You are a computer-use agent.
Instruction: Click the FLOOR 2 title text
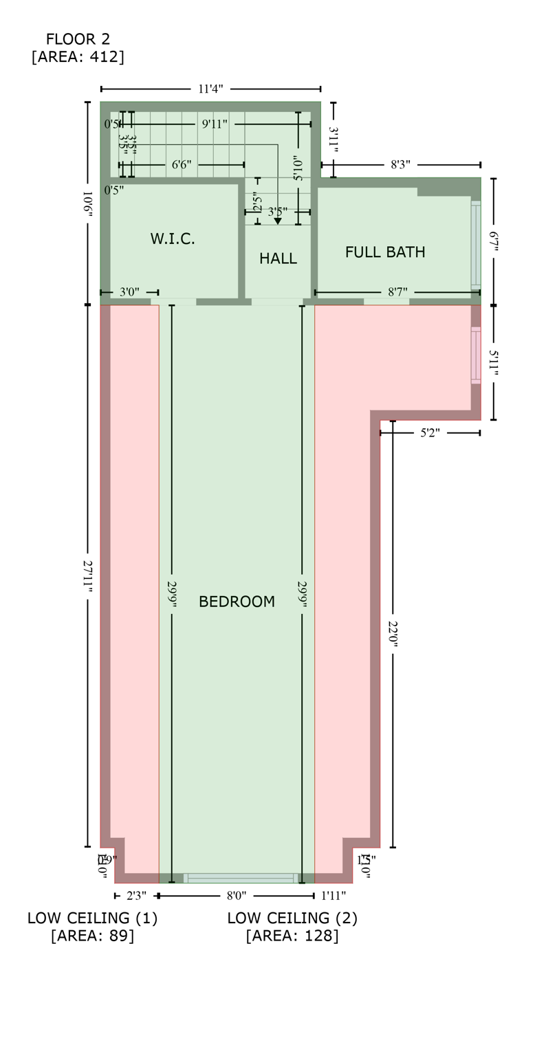click(78, 39)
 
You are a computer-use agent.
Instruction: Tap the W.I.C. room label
click(173, 239)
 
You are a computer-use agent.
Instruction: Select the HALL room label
click(278, 258)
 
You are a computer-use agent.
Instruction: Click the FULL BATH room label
click(385, 252)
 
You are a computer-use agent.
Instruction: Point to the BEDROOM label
click(237, 602)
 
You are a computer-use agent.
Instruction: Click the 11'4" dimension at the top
click(210, 89)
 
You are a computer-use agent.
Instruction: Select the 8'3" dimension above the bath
click(400, 165)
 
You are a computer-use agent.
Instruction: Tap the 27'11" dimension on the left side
click(88, 575)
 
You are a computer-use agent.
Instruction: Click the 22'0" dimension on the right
click(393, 636)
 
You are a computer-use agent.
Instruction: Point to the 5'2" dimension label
click(430, 433)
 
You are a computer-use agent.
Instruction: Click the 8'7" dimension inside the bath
click(397, 292)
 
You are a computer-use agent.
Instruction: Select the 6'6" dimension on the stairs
click(182, 165)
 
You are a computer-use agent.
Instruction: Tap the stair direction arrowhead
click(278, 221)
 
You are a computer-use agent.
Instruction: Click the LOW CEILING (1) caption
click(93, 918)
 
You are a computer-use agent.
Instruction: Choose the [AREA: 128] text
click(292, 936)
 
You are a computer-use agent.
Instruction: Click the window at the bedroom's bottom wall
click(241, 878)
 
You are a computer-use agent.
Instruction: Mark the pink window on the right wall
click(475, 355)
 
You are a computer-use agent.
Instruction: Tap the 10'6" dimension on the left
click(88, 203)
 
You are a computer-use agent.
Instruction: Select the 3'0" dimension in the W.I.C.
click(129, 292)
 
